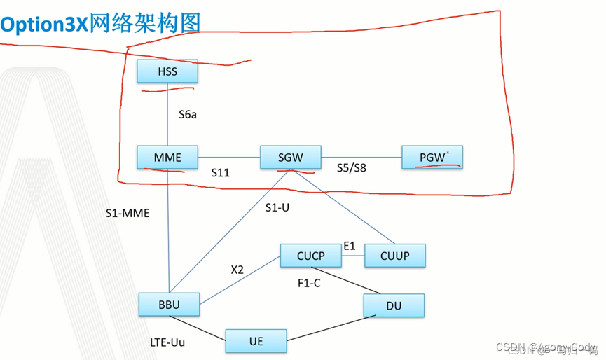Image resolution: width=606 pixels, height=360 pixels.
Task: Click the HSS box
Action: (167, 71)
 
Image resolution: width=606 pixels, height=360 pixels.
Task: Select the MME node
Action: (167, 158)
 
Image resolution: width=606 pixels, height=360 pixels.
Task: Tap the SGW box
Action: (290, 158)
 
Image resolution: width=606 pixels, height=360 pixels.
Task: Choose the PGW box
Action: (432, 158)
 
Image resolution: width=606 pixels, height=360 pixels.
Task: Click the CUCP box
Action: (310, 256)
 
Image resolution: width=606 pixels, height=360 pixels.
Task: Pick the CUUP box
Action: (394, 256)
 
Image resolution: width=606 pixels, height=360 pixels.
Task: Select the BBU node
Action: (169, 305)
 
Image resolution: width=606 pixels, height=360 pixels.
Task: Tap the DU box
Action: (393, 305)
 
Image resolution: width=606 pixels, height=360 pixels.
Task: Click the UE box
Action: (256, 341)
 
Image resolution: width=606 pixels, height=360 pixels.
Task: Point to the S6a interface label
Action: (187, 114)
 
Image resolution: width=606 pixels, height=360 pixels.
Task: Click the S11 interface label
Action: (220, 172)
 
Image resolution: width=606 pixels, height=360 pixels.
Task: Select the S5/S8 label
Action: (351, 168)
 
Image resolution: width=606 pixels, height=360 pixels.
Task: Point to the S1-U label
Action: (277, 207)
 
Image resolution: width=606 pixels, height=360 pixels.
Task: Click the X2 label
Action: (237, 270)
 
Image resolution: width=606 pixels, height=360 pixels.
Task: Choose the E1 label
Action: (350, 246)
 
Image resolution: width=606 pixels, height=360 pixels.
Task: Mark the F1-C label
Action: (309, 283)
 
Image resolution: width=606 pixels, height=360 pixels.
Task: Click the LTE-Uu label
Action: (167, 342)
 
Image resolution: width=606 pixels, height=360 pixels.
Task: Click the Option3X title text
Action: (101, 22)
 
